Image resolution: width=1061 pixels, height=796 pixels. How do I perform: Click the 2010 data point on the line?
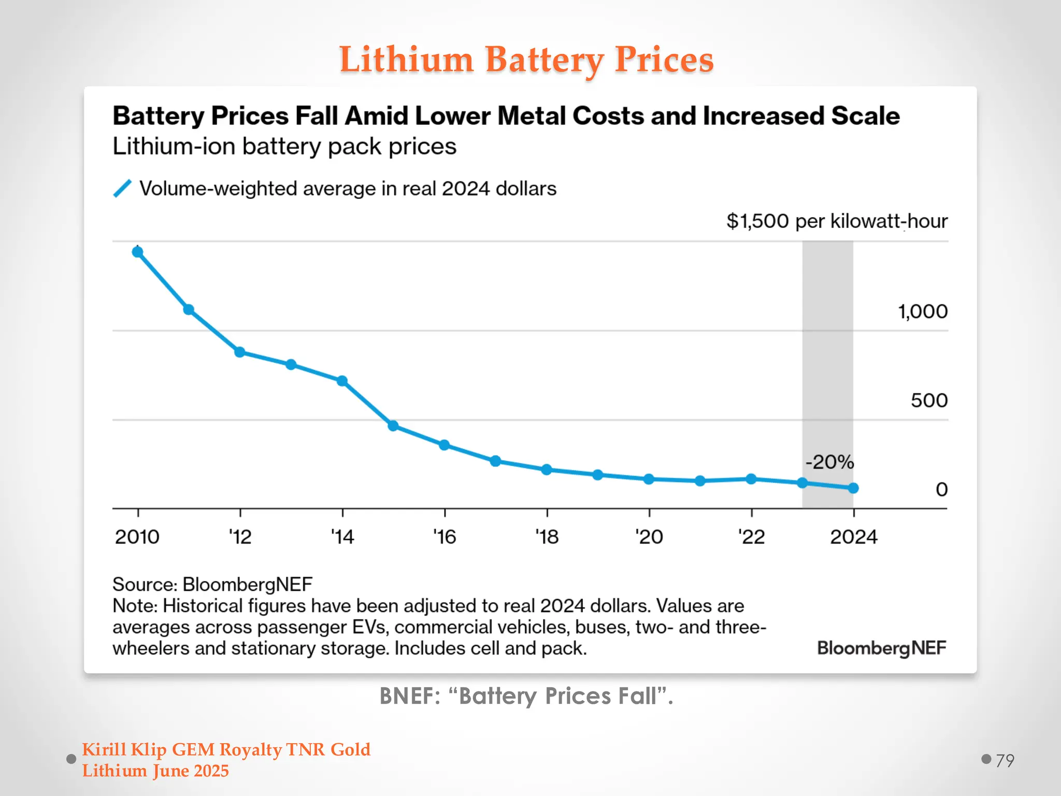coord(137,252)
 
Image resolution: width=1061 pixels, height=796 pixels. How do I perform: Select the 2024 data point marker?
coord(853,488)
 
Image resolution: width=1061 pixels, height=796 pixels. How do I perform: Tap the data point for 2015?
coord(393,425)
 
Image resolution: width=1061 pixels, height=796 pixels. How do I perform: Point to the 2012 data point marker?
coord(239,352)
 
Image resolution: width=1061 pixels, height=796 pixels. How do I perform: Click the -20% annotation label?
coord(829,461)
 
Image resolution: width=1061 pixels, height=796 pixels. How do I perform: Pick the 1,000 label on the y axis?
coord(922,311)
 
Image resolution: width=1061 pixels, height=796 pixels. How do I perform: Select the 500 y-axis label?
coord(929,400)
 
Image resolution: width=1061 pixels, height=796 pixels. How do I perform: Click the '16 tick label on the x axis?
coord(445,537)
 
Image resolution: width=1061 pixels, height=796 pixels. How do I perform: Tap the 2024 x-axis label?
coord(853,537)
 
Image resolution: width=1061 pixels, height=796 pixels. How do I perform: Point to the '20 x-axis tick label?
coord(649,537)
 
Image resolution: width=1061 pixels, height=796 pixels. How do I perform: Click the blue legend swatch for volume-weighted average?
coord(122,189)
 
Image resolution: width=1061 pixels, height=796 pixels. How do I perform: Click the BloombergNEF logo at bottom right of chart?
coord(881,648)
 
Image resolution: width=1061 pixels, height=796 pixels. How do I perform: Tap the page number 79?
coord(1005,760)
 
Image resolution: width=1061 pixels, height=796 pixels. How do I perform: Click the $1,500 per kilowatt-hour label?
coord(837,221)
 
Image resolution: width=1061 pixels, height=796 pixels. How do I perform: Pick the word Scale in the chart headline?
coord(865,116)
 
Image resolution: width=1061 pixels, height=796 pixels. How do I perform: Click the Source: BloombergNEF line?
coord(212,584)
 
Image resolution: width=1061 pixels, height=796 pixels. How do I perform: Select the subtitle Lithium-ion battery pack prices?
coord(284,147)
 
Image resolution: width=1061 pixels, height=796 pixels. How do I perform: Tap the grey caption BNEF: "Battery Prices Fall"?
coord(526,696)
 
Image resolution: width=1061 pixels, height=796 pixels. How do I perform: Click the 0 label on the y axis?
coord(941,489)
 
